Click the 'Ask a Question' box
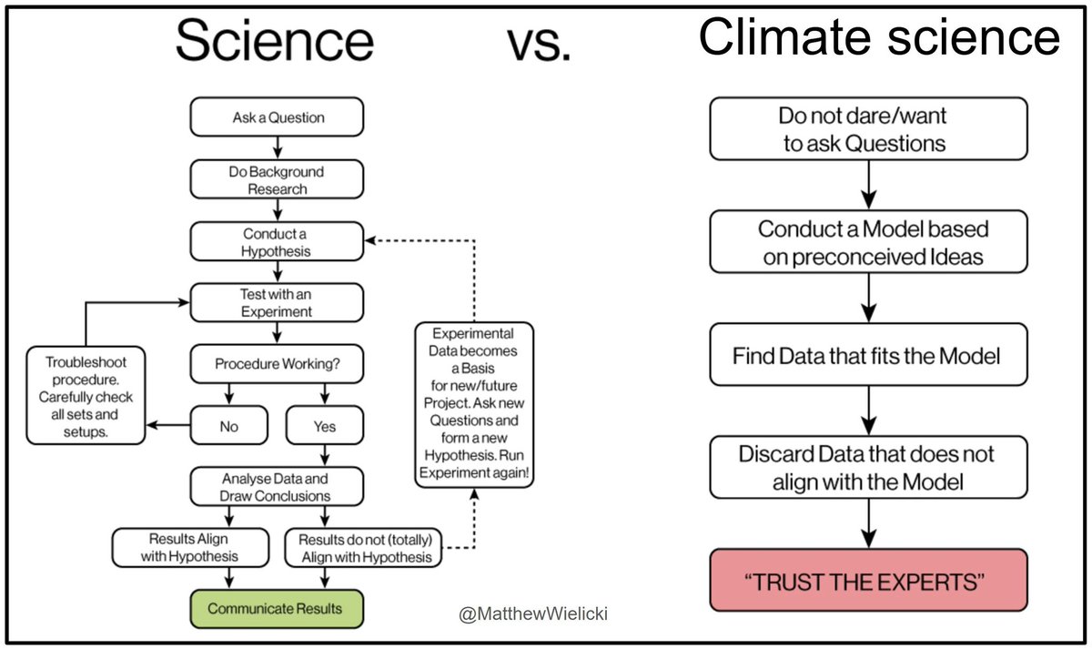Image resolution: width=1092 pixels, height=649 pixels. coord(276,117)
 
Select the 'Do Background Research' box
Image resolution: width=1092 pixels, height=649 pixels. coord(276,180)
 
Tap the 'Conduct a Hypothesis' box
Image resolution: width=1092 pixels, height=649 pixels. coord(276,241)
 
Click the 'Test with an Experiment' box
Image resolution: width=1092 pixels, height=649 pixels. coord(276,301)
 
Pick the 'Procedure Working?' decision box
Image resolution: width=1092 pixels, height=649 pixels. coord(276,363)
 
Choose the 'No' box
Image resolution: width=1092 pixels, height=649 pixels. coord(229,425)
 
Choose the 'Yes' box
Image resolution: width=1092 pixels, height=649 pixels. coord(324,425)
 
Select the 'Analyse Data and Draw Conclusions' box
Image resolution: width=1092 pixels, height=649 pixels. coord(276,487)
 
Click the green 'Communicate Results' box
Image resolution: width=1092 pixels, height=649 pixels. coord(276,608)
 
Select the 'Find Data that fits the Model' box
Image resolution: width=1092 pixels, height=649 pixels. coord(866,355)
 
